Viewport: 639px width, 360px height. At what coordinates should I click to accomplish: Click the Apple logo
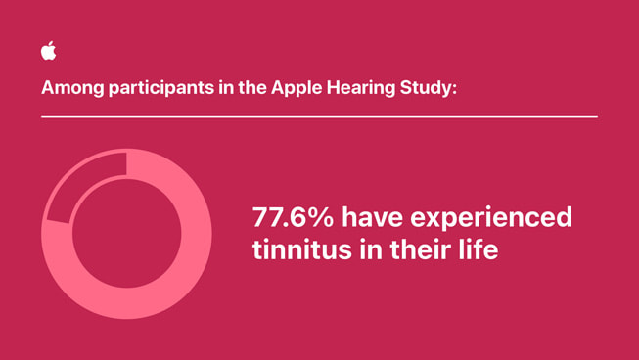[x=48, y=52]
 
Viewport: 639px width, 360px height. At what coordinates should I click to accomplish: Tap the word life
[x=478, y=250]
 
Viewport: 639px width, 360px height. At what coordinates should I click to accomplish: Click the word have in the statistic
[x=371, y=217]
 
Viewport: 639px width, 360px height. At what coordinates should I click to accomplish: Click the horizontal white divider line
[x=319, y=116]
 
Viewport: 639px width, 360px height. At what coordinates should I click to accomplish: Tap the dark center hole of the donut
[x=126, y=234]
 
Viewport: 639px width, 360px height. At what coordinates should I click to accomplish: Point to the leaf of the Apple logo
[x=51, y=44]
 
